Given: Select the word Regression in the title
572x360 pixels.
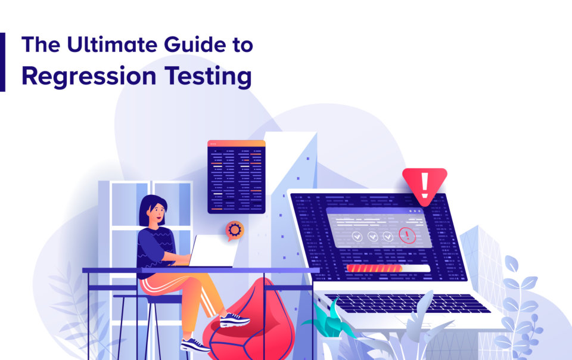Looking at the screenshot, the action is [89, 77].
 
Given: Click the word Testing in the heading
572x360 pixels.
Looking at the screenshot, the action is [208, 77].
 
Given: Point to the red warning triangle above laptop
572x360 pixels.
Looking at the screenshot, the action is [425, 184].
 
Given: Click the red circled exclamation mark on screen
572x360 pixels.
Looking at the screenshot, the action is [407, 235].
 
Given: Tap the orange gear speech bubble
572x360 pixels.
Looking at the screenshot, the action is [234, 230].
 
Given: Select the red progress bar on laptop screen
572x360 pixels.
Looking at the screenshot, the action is [374, 268].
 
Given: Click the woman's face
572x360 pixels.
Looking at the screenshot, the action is [157, 213].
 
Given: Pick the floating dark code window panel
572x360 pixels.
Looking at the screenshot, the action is [237, 177].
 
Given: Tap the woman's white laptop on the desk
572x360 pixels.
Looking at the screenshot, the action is [213, 251].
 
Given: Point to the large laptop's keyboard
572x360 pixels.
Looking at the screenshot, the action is [407, 303].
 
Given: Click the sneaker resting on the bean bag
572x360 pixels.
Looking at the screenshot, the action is [235, 320].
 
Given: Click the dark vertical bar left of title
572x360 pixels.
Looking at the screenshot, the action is [2, 62].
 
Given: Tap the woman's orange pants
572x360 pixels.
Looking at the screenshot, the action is [182, 296].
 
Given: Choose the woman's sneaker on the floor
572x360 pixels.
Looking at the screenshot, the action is [195, 345].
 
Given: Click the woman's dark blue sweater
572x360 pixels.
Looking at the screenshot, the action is [156, 248].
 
